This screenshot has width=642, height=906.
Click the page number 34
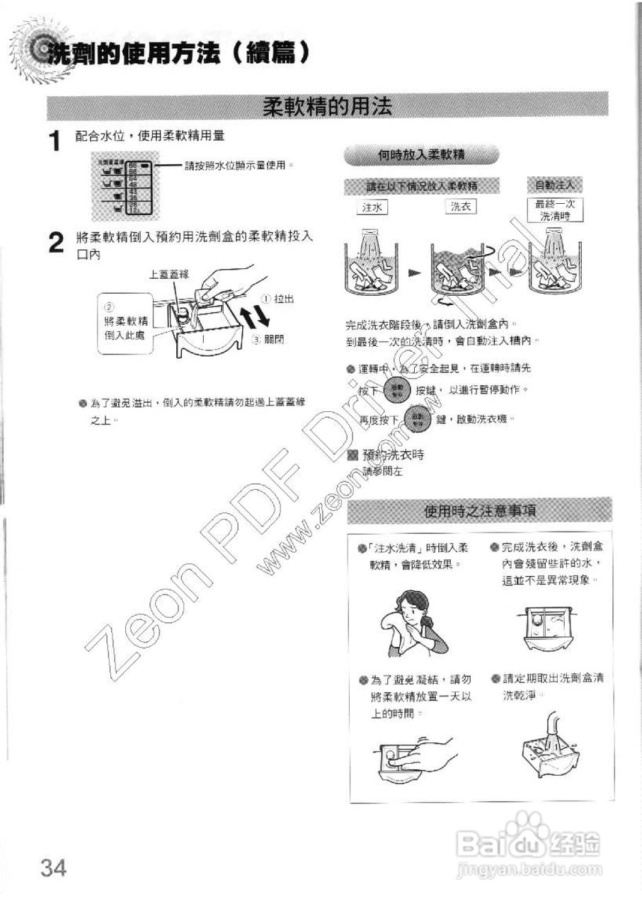(x=53, y=866)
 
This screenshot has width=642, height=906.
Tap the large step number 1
(x=55, y=142)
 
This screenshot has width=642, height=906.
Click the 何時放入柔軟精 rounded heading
(x=422, y=155)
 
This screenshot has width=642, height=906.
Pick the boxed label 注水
(x=372, y=207)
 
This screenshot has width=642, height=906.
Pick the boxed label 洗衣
(x=460, y=207)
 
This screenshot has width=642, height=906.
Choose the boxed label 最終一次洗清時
(x=556, y=210)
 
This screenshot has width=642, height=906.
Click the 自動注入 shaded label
(x=556, y=185)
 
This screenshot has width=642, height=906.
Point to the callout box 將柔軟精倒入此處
(x=124, y=323)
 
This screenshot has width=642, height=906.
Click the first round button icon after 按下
(x=396, y=390)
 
